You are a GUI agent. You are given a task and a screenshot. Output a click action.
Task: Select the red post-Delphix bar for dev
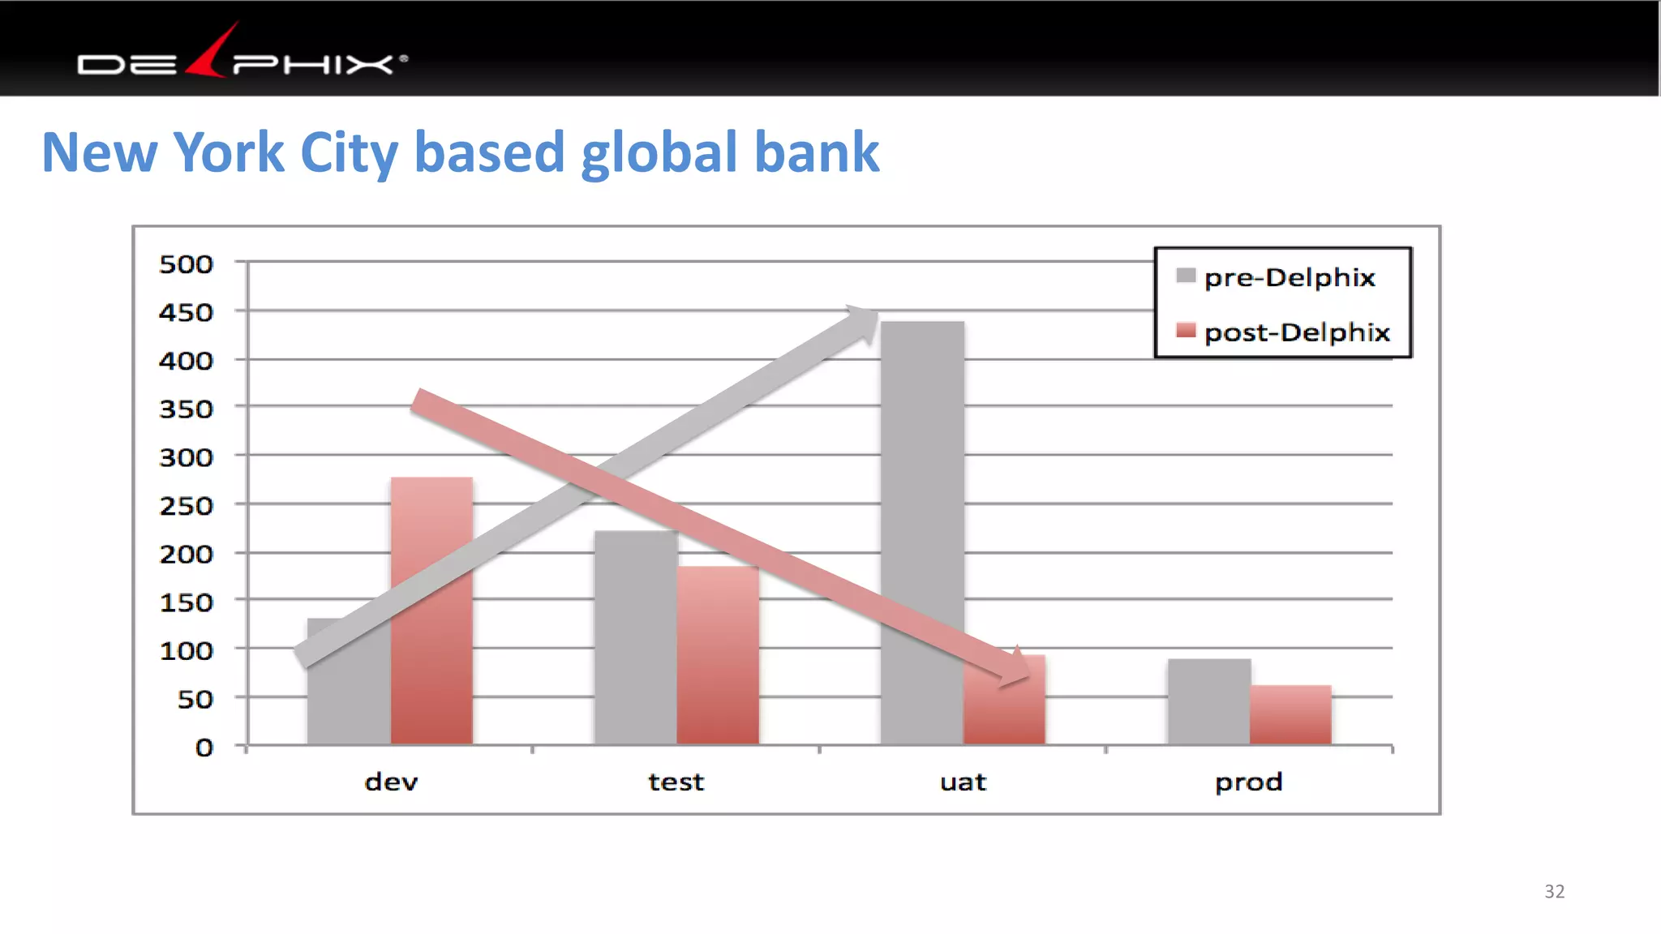coord(431,649)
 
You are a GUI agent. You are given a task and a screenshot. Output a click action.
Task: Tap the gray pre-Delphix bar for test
coord(636,649)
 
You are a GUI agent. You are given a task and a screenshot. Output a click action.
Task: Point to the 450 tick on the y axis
coord(186,313)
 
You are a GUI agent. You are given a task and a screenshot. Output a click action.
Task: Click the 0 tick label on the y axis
coord(204,748)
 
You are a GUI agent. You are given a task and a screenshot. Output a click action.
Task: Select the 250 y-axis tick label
coord(186,507)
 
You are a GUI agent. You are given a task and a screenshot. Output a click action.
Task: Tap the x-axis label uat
coord(963,782)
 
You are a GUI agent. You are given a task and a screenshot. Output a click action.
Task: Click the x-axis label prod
coord(1248,782)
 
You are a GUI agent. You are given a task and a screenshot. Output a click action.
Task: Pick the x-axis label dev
coord(391,782)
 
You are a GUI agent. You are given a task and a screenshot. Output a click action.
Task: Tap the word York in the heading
coord(229,152)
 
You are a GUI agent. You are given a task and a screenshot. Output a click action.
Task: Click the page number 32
coord(1554,892)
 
